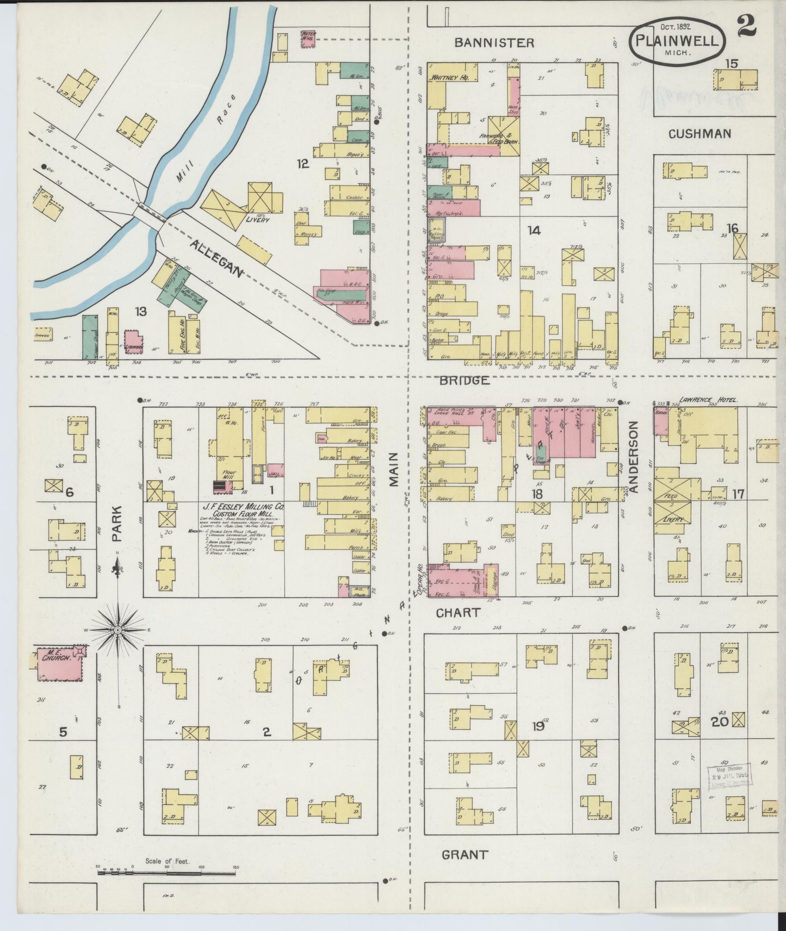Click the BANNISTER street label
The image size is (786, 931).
pyautogui.click(x=495, y=43)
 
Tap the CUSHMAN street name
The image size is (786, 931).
pyautogui.click(x=700, y=134)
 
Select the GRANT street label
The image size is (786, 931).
pyautogui.click(x=465, y=855)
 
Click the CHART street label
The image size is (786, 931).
pyautogui.click(x=458, y=613)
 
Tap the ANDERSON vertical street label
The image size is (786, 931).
pyautogui.click(x=633, y=457)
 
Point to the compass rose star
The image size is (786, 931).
pyautogui.click(x=118, y=631)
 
